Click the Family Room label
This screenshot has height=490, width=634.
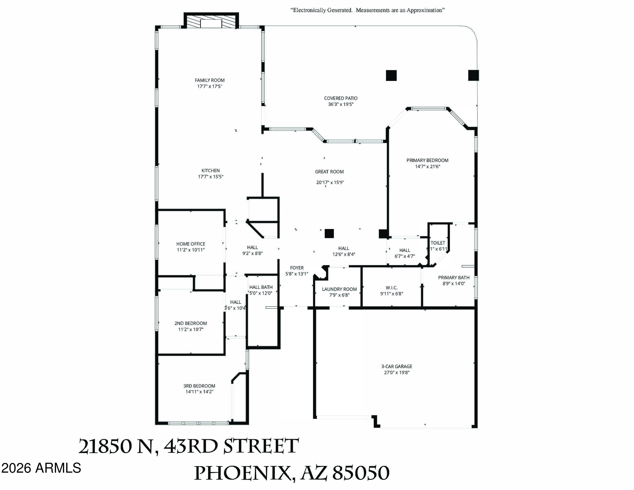pyautogui.click(x=210, y=80)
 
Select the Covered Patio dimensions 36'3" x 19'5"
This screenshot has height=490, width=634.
pyautogui.click(x=340, y=104)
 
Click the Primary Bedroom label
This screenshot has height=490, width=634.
pyautogui.click(x=427, y=160)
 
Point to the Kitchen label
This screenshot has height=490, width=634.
pyautogui.click(x=210, y=171)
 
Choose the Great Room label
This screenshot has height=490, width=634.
pyautogui.click(x=329, y=172)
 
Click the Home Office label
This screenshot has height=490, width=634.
pyautogui.click(x=191, y=244)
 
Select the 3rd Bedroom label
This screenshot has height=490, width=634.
pyautogui.click(x=199, y=386)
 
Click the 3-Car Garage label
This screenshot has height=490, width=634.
pyautogui.click(x=396, y=366)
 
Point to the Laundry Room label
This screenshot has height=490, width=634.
pyautogui.click(x=339, y=289)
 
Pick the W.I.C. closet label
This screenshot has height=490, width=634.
pyautogui.click(x=392, y=288)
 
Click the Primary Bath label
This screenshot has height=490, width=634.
pyautogui.click(x=454, y=278)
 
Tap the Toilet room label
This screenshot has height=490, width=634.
pyautogui.click(x=438, y=243)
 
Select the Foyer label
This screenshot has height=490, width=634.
pyautogui.click(x=297, y=268)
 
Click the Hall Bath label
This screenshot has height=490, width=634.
pyautogui.click(x=261, y=287)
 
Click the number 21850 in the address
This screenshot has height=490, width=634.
pyautogui.click(x=105, y=446)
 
